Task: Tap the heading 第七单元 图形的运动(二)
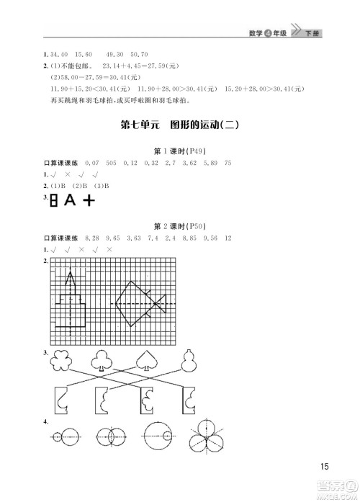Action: pos(180,124)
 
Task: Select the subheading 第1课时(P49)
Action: pos(180,151)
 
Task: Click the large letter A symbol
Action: pos(70,200)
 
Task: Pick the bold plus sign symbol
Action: pos(89,201)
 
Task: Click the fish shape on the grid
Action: pos(140,303)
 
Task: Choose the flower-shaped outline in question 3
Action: pos(60,363)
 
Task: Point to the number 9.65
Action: pos(114,238)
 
